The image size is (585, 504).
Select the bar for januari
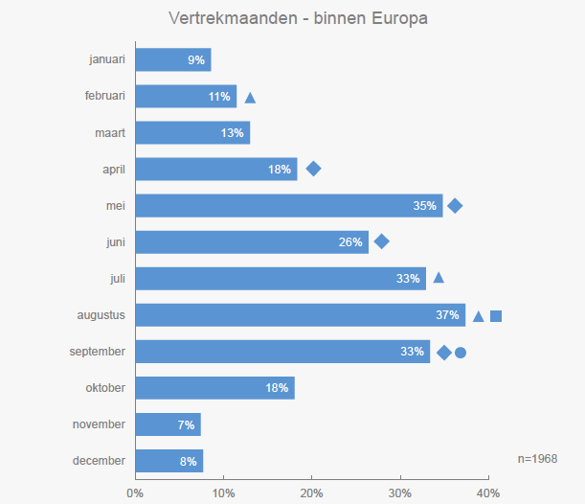(x=172, y=59)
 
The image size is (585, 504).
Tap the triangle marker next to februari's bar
(x=250, y=97)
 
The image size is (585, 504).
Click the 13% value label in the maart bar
(x=233, y=132)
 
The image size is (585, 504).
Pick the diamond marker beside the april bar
(x=313, y=169)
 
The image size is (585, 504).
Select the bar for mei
(x=287, y=205)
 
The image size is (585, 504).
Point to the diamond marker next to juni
(x=381, y=241)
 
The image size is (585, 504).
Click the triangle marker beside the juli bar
(x=439, y=278)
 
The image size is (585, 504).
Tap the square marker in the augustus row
(x=496, y=316)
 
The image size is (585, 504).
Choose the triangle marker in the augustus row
(x=479, y=316)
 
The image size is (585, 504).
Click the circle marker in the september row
(x=461, y=353)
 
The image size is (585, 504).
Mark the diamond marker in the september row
(x=444, y=353)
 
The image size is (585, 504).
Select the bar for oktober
(x=214, y=388)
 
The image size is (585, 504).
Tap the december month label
(x=99, y=461)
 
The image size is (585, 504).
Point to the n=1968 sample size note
(x=537, y=459)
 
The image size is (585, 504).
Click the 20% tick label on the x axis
(x=312, y=493)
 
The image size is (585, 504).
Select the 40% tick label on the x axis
(x=488, y=493)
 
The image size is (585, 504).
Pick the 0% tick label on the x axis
(x=135, y=493)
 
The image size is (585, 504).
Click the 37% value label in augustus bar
(x=448, y=315)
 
